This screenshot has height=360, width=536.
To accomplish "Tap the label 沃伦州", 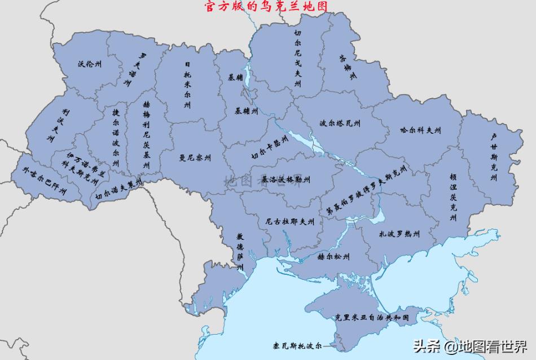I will point(90,64).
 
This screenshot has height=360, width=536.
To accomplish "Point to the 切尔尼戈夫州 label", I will point(298,59).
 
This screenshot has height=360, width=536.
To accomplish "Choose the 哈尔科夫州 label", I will point(420,130).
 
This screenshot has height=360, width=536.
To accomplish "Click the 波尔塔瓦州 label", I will point(340,122).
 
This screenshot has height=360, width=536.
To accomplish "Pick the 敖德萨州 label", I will point(239,251).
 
